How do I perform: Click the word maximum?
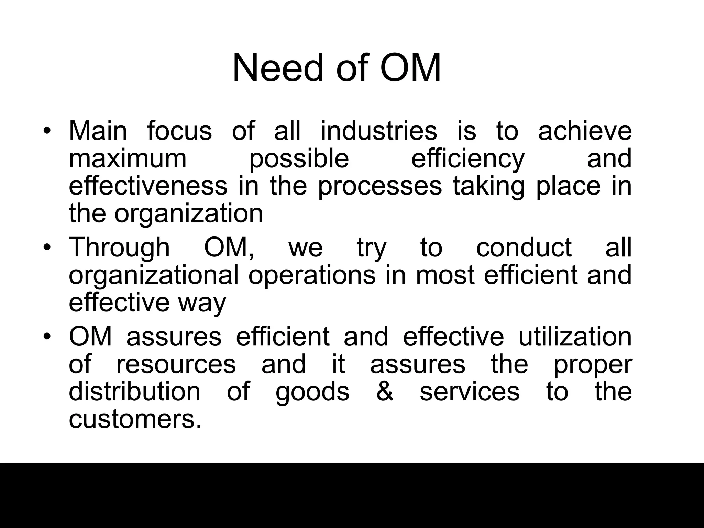tap(128, 158)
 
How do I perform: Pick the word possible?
tap(299, 159)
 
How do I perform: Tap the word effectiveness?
tap(148, 186)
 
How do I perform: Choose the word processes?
tap(380, 187)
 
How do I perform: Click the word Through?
tap(119, 247)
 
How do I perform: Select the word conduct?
tap(524, 247)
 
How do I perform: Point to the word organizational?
tap(154, 275)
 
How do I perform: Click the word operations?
tap(312, 275)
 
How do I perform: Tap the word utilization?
tap(575, 337)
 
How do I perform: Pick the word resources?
tap(176, 364)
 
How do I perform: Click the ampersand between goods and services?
tap(385, 392)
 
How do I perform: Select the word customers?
tap(135, 420)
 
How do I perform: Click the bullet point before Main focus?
tap(47, 132)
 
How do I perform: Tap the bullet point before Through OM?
tap(47, 248)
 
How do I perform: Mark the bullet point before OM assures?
tap(47, 337)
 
